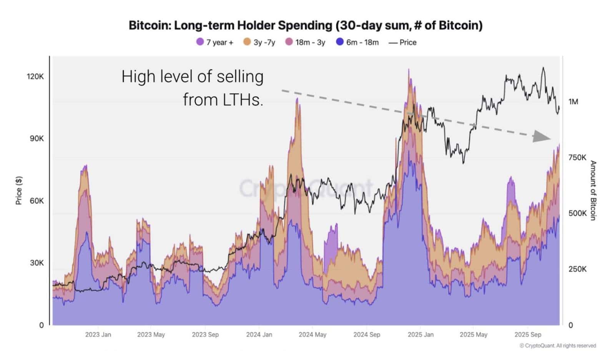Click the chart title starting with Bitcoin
(x=306, y=25)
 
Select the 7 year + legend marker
(x=200, y=42)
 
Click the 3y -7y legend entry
(x=259, y=42)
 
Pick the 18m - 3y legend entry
(x=305, y=42)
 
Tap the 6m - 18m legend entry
(x=357, y=42)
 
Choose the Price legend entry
(x=402, y=42)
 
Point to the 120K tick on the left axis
(x=35, y=77)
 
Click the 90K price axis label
(x=37, y=139)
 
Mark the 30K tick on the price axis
(x=37, y=263)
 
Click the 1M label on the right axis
(x=573, y=102)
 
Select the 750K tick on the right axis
(x=577, y=157)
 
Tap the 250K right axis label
(x=577, y=269)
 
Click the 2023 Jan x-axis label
(x=98, y=335)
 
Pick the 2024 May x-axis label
(x=312, y=335)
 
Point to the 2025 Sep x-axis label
(x=527, y=335)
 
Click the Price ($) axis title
(x=18, y=191)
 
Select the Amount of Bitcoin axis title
(x=593, y=191)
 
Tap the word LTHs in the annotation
(x=243, y=100)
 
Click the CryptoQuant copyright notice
(x=557, y=346)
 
